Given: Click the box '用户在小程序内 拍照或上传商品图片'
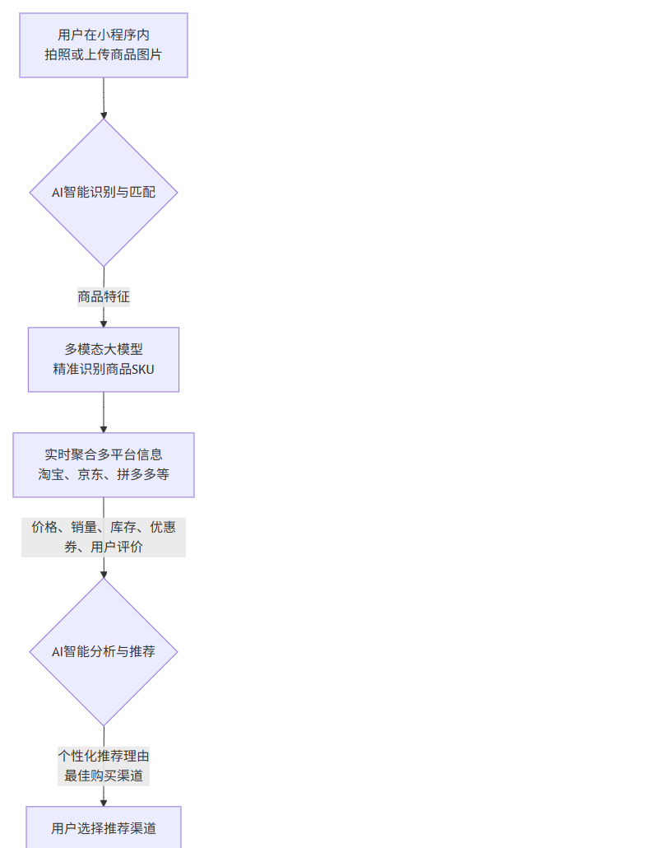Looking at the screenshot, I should pyautogui.click(x=104, y=45).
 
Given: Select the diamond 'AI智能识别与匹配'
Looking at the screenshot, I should pyautogui.click(x=104, y=193).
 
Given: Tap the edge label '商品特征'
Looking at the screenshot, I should pyautogui.click(x=104, y=296).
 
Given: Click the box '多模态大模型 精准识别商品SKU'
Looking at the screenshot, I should pyautogui.click(x=104, y=360).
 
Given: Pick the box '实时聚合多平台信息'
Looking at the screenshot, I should pyautogui.click(x=104, y=464).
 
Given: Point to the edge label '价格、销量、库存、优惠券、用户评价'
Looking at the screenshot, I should pyautogui.click(x=104, y=537).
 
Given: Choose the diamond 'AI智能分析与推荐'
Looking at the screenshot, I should pyautogui.click(x=104, y=651).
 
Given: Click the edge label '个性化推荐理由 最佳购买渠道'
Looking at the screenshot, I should pyautogui.click(x=104, y=766).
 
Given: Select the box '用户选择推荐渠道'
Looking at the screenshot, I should pyautogui.click(x=104, y=827).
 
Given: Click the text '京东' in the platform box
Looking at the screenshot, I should pyautogui.click(x=90, y=475).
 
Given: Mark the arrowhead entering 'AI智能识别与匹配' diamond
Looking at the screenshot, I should pyautogui.click(x=104, y=114).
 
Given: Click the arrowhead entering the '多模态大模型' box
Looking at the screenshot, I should pyautogui.click(x=104, y=323).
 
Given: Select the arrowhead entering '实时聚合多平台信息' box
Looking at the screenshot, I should pyautogui.click(x=104, y=428).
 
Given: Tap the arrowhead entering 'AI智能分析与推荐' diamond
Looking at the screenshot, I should pyautogui.click(x=104, y=573).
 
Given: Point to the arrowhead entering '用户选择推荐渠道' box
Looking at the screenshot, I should pyautogui.click(x=104, y=802).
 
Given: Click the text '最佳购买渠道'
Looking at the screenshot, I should pyautogui.click(x=104, y=776).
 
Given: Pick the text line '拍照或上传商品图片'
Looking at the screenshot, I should pyautogui.click(x=104, y=55).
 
